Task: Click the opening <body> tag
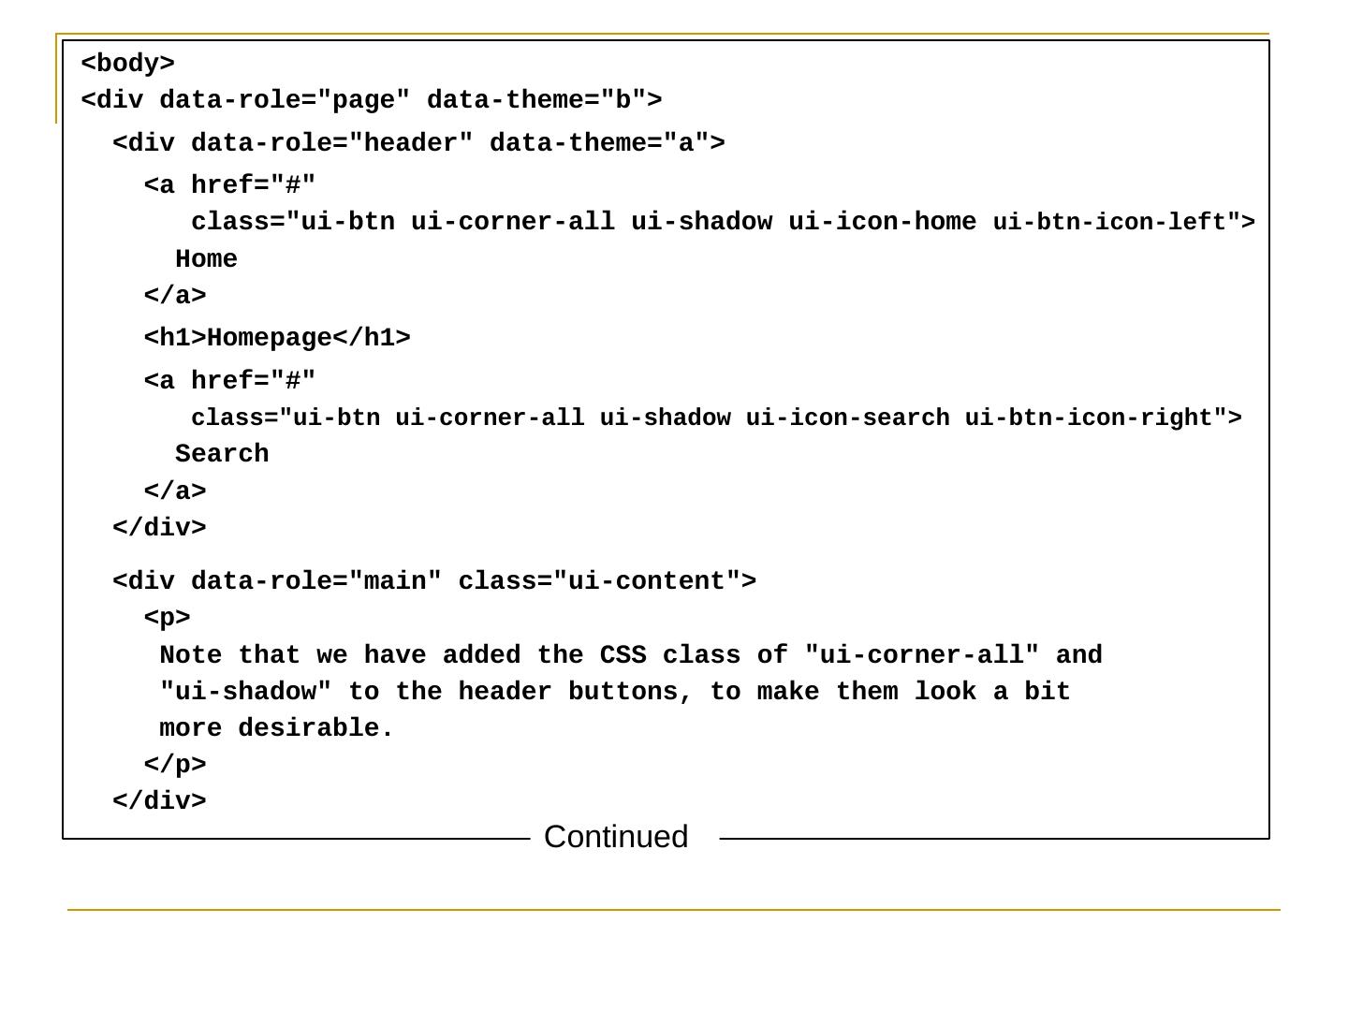(x=128, y=64)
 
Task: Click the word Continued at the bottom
(x=616, y=837)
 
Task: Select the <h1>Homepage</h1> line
(x=277, y=338)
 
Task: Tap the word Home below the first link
(x=206, y=259)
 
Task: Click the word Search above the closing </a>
(x=222, y=454)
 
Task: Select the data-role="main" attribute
(x=315, y=581)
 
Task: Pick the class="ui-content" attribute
(x=599, y=581)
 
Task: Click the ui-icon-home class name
(x=882, y=223)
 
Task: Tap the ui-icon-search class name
(x=847, y=418)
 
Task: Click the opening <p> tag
(x=168, y=618)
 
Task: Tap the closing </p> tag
(x=175, y=765)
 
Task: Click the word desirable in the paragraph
(x=315, y=728)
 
